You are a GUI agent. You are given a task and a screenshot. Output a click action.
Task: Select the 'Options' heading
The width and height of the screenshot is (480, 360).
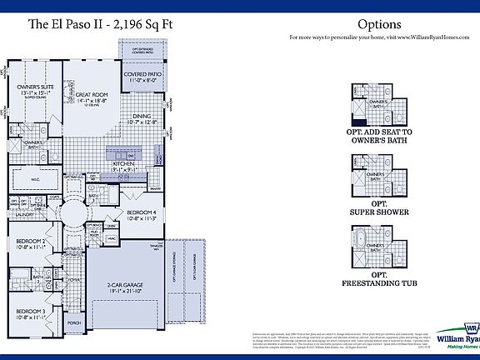(x=379, y=25)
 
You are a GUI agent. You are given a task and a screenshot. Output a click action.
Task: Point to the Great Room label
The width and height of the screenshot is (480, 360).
(x=93, y=97)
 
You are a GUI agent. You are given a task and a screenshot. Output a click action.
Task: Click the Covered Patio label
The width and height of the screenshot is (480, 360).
(x=142, y=77)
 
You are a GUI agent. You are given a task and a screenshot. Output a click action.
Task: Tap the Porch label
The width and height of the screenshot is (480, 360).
(x=74, y=322)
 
